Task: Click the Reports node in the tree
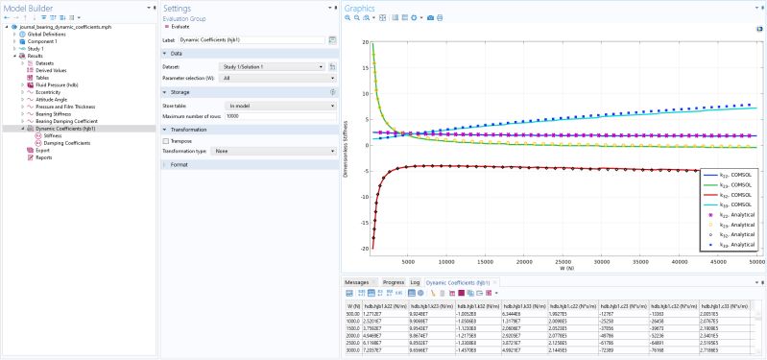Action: (44, 157)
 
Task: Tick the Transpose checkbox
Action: (166, 140)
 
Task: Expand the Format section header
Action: (180, 165)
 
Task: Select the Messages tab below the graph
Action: (356, 282)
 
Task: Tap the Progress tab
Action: (393, 282)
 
